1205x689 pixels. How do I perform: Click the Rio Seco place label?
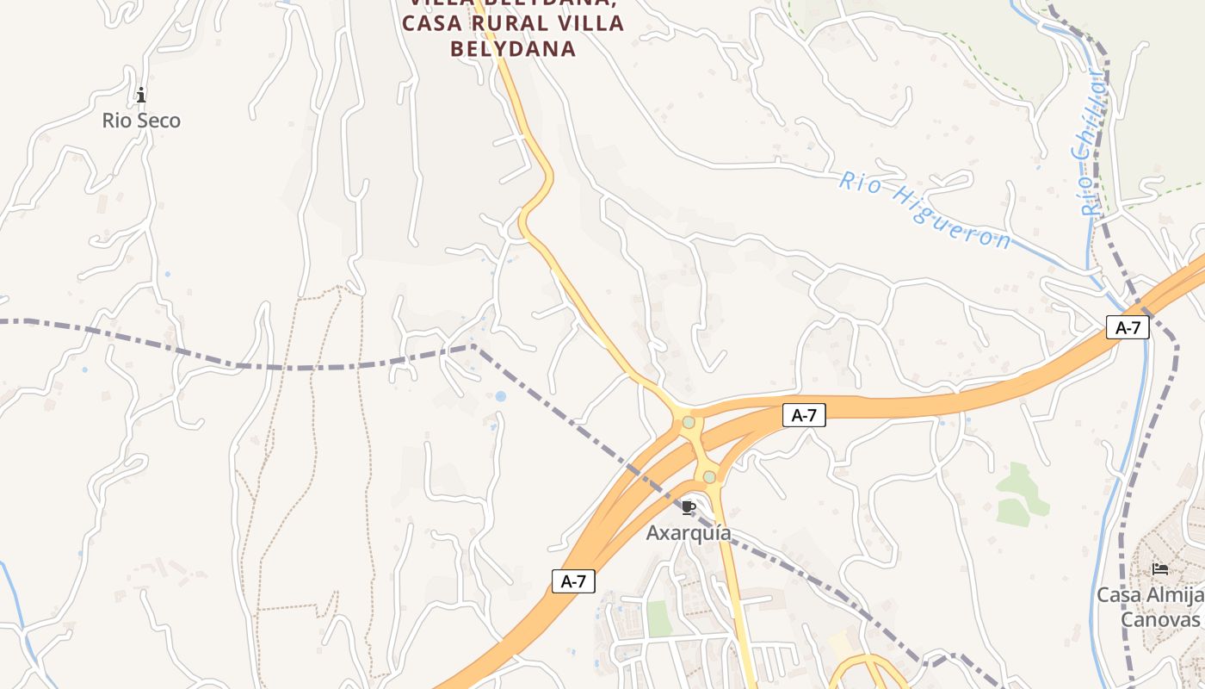(x=141, y=121)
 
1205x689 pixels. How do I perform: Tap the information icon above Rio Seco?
(x=141, y=95)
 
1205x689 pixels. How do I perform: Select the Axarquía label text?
(x=689, y=533)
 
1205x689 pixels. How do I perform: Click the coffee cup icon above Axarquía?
(x=687, y=507)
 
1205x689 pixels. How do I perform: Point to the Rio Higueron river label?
(x=925, y=210)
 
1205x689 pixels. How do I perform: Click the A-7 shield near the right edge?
(x=1128, y=327)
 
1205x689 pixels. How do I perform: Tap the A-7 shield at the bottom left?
(x=573, y=581)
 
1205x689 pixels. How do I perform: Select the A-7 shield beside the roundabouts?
(x=804, y=415)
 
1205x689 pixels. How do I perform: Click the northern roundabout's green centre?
(x=689, y=422)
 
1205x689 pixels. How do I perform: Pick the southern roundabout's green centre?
(x=708, y=476)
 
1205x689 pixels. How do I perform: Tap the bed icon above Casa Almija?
(x=1160, y=569)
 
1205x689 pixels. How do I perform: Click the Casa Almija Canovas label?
(x=1150, y=607)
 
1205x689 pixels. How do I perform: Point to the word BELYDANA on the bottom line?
(x=513, y=49)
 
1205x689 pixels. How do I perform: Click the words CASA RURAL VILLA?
(x=513, y=23)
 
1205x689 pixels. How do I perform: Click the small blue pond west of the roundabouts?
(x=500, y=396)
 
